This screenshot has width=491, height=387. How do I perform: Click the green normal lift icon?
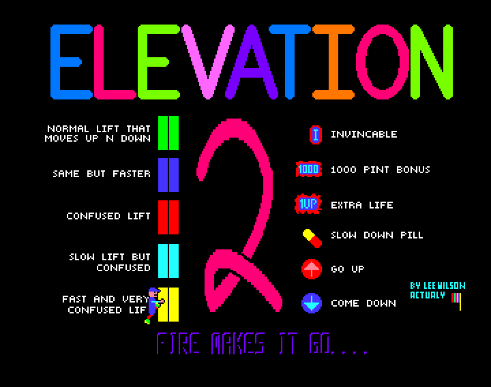(x=168, y=131)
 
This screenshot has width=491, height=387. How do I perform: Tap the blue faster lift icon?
(x=168, y=174)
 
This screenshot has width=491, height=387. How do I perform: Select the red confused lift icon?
(x=168, y=217)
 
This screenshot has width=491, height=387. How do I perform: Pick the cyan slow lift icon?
(x=168, y=260)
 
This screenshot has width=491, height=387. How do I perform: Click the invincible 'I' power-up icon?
(x=315, y=135)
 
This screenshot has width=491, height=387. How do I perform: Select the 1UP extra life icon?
(x=308, y=204)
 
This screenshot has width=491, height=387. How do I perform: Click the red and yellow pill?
(x=312, y=236)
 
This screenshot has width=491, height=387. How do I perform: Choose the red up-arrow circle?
(x=312, y=269)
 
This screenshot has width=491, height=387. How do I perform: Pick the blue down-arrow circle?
(x=312, y=303)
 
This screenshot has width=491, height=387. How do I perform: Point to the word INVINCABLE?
(x=363, y=135)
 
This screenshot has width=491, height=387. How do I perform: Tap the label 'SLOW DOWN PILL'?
(x=376, y=235)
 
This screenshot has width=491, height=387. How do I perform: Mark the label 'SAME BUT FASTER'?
(x=102, y=174)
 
